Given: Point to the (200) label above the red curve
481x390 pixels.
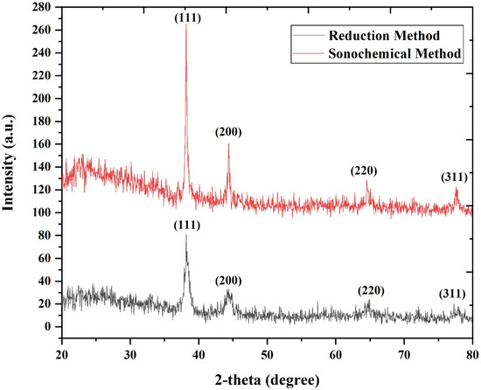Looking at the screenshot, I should [x=228, y=132].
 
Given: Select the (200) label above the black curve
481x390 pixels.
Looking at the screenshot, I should [x=229, y=280].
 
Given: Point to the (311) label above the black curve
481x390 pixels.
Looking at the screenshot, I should [x=452, y=293].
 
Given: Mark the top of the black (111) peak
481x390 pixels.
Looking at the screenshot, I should [x=186, y=235].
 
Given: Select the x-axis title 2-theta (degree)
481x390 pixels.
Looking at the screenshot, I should [x=268, y=380].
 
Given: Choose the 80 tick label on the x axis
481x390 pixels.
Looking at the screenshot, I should [x=471, y=356].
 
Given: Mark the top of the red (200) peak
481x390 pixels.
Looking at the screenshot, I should [x=228, y=143].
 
